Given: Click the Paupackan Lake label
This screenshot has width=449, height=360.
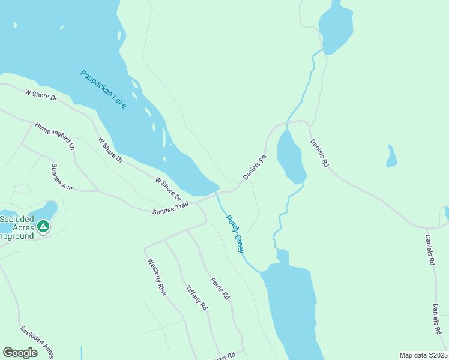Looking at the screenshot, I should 104,89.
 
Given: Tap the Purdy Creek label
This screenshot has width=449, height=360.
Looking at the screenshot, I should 234,234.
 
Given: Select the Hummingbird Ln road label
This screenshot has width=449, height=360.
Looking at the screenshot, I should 55,136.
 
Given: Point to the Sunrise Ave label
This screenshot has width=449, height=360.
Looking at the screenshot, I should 62,177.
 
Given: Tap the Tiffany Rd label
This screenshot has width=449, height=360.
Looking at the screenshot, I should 196,297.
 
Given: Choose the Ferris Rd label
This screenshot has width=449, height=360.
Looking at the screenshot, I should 220,289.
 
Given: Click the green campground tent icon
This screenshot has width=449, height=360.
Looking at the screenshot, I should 43,226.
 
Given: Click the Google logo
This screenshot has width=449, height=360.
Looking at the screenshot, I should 20,353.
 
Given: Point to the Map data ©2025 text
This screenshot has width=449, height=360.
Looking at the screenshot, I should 423,355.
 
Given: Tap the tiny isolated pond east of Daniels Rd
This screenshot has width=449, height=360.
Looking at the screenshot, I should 392,157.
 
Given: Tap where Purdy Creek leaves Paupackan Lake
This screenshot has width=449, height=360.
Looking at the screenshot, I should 217,192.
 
